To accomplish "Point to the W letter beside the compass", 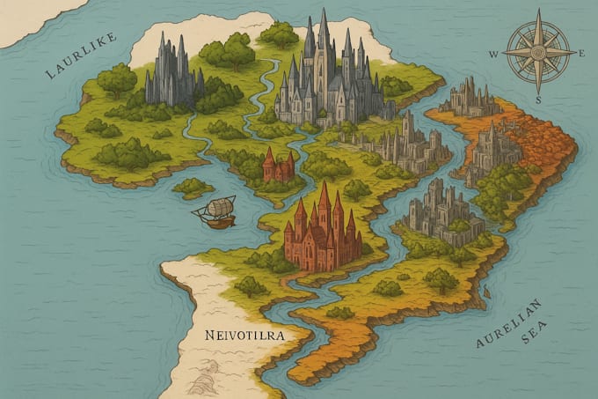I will coord(493,53).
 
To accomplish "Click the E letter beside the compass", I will coord(582,53).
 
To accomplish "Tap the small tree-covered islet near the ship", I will coord(193,187).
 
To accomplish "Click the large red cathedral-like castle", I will coord(323,230).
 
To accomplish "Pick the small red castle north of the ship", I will coord(279,166).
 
